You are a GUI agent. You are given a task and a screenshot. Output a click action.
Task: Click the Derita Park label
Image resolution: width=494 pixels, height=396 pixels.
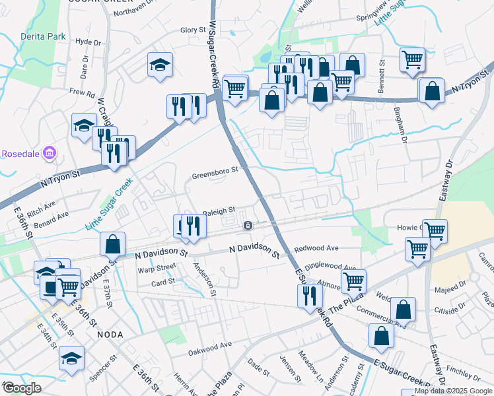coord(43,36)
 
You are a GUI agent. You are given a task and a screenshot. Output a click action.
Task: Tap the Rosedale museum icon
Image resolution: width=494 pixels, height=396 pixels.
coord(48,154)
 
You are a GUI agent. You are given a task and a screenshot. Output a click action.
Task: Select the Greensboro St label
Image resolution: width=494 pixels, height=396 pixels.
coord(215,176)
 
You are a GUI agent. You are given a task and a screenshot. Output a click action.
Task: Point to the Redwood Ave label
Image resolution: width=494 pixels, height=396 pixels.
coord(316,248)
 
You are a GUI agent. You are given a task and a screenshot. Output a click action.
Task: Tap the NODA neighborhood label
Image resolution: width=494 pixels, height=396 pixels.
coord(110,334)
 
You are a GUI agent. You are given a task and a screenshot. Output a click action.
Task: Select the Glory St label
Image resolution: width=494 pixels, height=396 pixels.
coord(194,30)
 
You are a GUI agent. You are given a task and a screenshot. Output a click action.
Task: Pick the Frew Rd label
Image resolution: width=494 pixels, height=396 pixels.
coord(82,93)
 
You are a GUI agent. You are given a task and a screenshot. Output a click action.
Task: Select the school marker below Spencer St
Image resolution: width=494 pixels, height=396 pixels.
coord(71,357)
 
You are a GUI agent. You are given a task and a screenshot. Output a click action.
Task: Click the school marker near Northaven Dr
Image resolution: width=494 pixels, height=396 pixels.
coord(159,64)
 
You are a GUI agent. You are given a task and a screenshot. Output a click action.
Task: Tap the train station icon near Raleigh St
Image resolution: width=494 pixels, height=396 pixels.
coord(247,226)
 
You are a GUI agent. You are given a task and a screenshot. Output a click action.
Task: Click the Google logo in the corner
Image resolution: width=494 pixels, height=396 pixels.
coord(22,388)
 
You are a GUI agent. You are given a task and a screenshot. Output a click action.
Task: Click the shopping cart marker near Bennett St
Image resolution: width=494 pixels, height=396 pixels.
coord(412,59)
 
